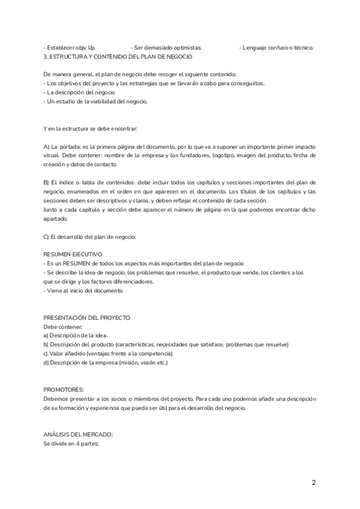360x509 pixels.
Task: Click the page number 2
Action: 313,482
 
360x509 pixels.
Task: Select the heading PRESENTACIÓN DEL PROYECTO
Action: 87,317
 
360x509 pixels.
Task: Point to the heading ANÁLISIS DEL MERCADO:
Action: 78,435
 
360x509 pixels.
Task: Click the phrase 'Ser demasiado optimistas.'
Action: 166,47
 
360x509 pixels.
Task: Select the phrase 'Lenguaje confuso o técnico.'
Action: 277,47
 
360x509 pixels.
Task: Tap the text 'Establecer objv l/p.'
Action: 70,47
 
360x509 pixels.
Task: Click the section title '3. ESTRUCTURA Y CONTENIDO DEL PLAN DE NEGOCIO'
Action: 118,56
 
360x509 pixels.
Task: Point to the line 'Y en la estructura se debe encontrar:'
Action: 91,128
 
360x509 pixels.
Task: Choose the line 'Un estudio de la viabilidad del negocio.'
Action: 96,101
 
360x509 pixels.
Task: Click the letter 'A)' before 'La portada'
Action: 47,146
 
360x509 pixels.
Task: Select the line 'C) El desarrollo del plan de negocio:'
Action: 91,236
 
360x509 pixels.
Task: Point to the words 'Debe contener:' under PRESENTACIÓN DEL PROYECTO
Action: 63,326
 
